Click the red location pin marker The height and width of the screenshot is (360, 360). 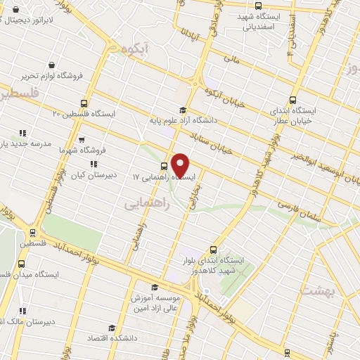(x=181, y=165)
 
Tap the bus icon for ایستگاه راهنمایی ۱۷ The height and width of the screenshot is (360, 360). (x=164, y=167)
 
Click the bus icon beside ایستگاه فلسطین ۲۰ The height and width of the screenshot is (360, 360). (x=85, y=103)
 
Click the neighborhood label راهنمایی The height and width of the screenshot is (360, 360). (x=143, y=204)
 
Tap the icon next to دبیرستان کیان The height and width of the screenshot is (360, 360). (x=94, y=164)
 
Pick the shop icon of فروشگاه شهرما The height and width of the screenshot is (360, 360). (x=82, y=139)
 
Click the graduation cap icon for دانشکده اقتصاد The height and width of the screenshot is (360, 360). (x=111, y=328)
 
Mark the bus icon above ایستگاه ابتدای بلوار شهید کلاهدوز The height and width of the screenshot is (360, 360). (x=214, y=249)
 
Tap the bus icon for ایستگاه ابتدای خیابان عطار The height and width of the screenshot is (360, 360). (x=293, y=100)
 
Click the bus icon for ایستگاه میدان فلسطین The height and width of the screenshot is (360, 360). (x=20, y=263)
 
